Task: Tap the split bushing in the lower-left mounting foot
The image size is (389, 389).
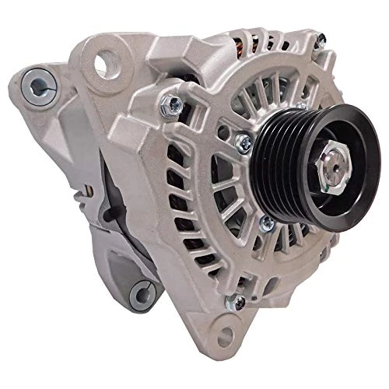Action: (140, 293)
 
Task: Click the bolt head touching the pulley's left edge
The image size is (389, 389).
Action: (244, 142)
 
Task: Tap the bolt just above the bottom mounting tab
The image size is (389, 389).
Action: (231, 303)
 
